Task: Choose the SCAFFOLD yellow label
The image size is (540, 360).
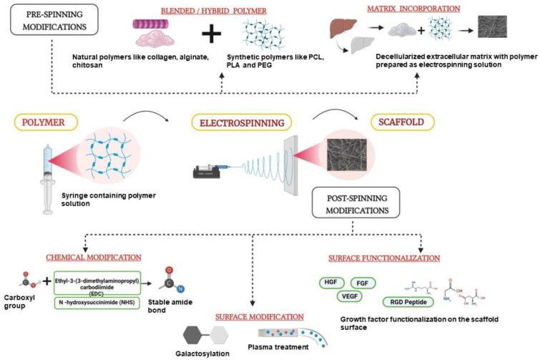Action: [396, 122]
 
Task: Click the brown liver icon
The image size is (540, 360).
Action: [339, 26]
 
